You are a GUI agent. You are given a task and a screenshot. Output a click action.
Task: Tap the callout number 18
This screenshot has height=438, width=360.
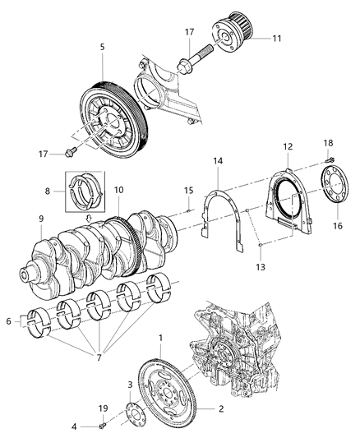point(327,165)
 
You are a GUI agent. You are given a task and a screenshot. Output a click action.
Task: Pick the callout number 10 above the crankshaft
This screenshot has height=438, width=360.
point(118,191)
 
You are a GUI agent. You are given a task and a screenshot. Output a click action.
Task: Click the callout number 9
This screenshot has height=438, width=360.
point(39,219)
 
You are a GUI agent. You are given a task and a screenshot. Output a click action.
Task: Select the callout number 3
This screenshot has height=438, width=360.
point(129,385)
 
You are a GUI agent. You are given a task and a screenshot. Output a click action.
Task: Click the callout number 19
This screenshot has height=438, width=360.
point(104,408)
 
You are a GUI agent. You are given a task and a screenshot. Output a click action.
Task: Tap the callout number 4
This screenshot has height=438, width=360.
point(75,425)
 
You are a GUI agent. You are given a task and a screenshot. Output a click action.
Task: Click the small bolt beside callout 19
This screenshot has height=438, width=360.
point(101,425)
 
